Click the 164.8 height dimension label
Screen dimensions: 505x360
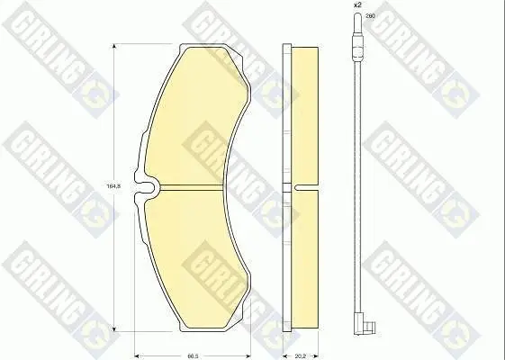113,185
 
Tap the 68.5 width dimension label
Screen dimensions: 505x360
193,356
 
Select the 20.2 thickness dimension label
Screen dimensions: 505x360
300,356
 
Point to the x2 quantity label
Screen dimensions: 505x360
357,5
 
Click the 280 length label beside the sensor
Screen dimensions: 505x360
370,15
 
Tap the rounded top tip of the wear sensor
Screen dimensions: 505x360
357,14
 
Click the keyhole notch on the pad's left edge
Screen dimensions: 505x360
146,188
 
